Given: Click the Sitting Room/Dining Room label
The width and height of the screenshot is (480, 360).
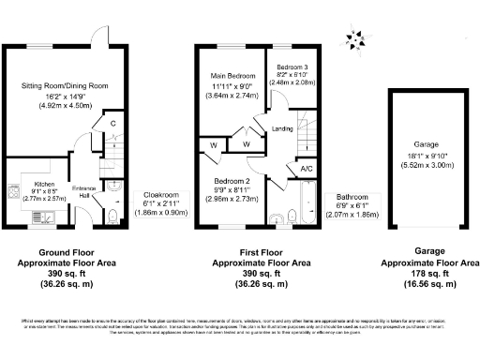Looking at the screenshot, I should pos(66,85).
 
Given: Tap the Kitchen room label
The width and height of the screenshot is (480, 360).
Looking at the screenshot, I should pos(46,157).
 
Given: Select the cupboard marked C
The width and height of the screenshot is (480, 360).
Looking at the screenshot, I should pos(112,123).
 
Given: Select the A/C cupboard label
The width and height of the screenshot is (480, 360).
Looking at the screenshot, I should pos(306,169).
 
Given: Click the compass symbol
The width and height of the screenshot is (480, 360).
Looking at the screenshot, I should pos(353,39).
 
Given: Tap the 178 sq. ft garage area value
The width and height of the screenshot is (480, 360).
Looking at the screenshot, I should pos(428,273).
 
